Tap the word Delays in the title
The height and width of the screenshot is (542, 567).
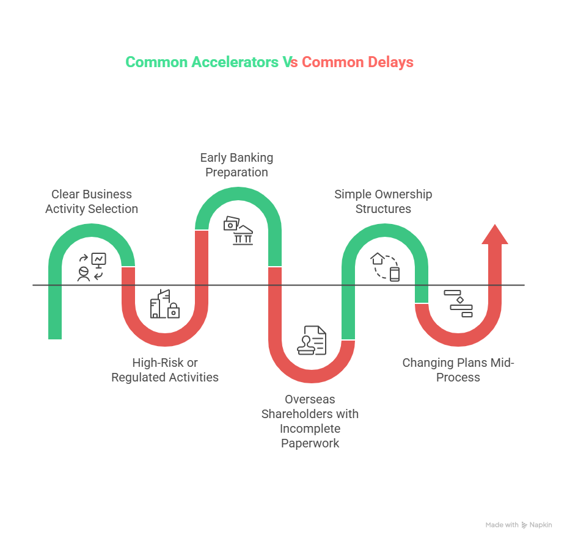click(390, 62)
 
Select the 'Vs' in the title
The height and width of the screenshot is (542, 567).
click(290, 62)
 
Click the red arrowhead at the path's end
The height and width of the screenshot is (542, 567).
click(494, 234)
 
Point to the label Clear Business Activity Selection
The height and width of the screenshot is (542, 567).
click(92, 201)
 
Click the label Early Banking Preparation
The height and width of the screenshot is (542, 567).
click(236, 165)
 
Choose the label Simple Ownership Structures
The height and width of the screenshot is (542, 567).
click(383, 201)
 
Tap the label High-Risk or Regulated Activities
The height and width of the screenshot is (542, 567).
click(165, 370)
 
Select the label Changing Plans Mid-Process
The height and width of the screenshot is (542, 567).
click(458, 370)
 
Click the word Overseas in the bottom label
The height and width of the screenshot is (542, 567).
click(310, 399)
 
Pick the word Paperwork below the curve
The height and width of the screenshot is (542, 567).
click(310, 443)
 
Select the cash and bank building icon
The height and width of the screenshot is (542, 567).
click(238, 230)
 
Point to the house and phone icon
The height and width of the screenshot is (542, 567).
click(386, 267)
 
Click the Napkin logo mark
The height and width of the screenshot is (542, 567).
click(525, 525)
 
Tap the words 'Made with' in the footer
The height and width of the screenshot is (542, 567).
click(502, 525)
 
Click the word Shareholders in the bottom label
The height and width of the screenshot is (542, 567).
click(310, 414)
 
